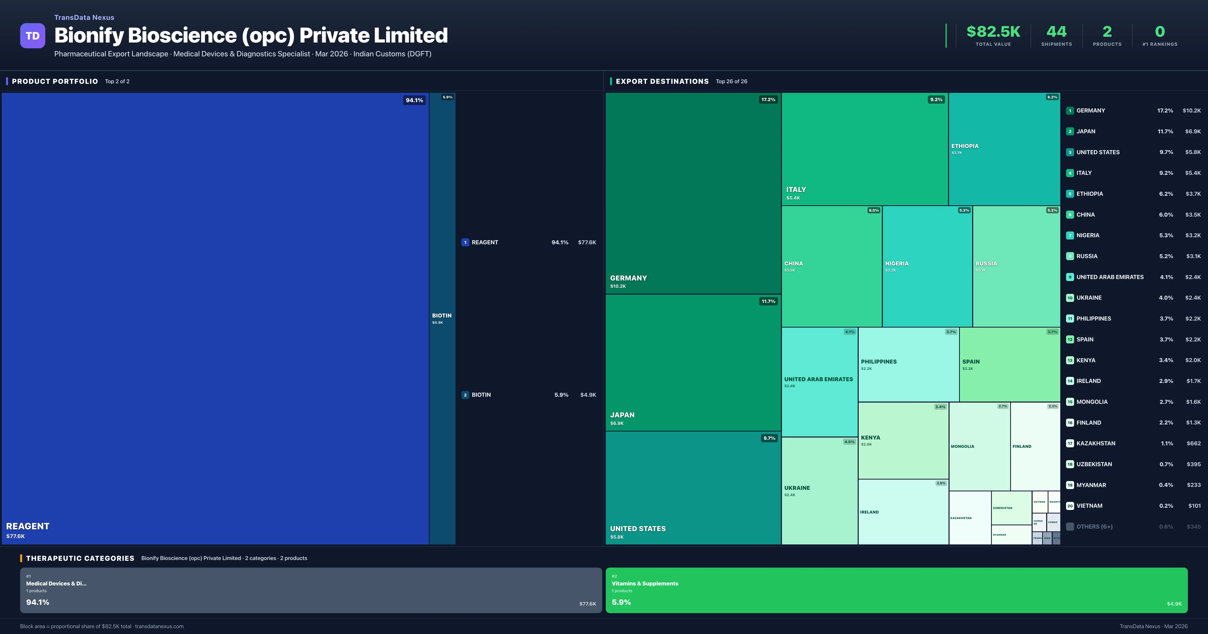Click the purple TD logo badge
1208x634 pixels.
pyautogui.click(x=32, y=36)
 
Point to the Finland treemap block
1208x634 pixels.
pyautogui.click(x=1035, y=446)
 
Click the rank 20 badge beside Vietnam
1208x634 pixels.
pyautogui.click(x=1070, y=506)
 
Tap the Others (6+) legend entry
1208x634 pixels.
pyautogui.click(x=1094, y=527)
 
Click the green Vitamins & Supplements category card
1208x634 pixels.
pyautogui.click(x=896, y=590)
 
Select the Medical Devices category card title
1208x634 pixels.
pyautogui.click(x=56, y=583)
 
